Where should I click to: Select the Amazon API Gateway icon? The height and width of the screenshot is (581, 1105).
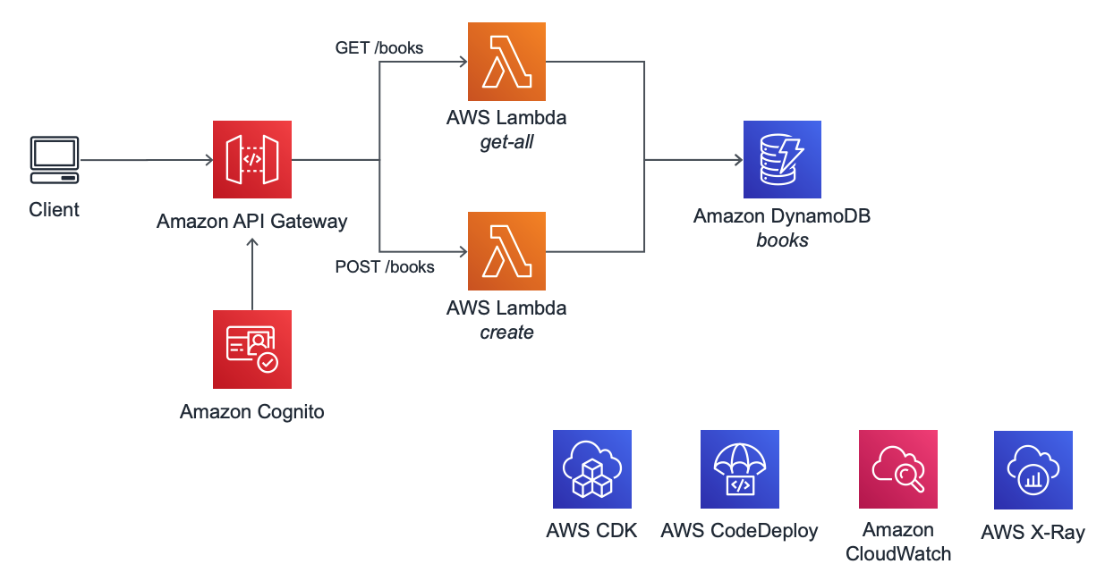coord(252,160)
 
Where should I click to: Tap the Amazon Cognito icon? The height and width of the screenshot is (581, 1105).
coord(252,349)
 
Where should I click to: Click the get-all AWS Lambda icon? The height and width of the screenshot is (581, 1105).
coord(506,62)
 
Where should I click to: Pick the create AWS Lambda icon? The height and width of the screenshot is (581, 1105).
coord(506,251)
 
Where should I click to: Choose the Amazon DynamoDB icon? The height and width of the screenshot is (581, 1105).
coord(782,160)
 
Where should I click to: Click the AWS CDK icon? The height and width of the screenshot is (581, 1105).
coord(591,469)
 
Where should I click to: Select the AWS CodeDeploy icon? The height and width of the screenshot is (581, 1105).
coord(739,469)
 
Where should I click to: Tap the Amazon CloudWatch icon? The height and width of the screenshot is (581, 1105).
coord(897,469)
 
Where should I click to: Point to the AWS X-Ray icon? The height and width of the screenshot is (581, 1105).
coord(1033,469)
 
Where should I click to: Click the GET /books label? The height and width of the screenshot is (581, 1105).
coord(378,47)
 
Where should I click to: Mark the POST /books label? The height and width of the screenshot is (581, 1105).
coord(385,266)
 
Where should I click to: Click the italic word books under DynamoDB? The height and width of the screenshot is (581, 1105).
coord(782,240)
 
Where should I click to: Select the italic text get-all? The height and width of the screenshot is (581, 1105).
coord(506,141)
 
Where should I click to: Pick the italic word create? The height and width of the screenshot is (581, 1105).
coord(506,332)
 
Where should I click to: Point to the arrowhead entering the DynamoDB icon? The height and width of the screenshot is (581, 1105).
coord(738,160)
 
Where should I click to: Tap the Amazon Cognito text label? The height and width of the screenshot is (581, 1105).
coord(252,411)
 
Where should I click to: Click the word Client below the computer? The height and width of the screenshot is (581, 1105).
coord(55,209)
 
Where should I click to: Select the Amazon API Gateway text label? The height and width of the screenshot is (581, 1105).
coord(252,221)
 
